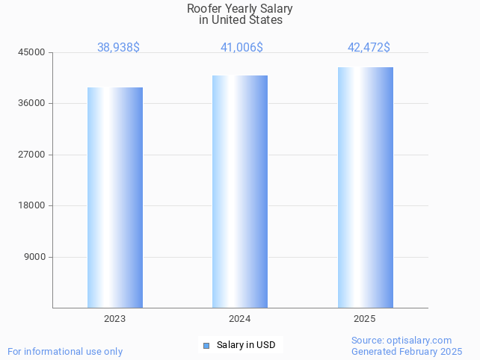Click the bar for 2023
point(114,197)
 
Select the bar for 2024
point(239,191)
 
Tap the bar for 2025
point(365,187)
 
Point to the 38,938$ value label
point(118,47)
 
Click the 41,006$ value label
point(241,47)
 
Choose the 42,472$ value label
point(369,47)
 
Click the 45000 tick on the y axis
point(32,52)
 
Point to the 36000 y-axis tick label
point(32,103)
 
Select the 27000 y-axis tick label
point(32,155)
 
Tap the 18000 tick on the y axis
point(32,205)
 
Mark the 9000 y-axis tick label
point(34,257)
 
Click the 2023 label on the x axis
point(114,319)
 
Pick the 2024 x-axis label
point(239,319)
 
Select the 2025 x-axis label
point(365,319)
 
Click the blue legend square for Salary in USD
point(206,345)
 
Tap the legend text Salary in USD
point(246,345)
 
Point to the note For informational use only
point(65,351)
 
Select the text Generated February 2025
point(407,351)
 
